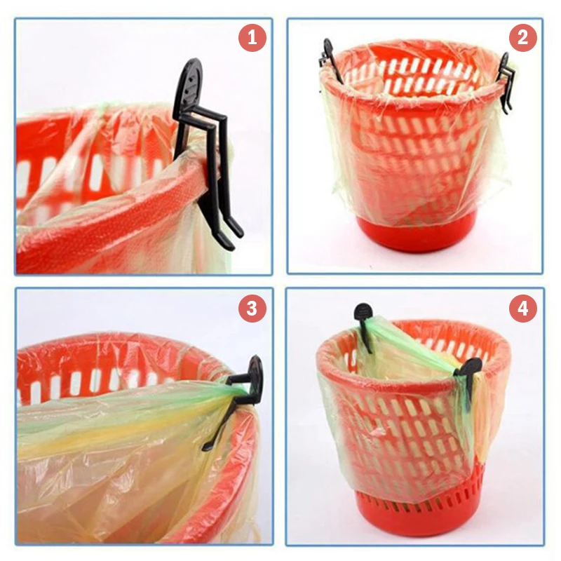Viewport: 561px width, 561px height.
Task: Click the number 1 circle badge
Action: coord(252,37)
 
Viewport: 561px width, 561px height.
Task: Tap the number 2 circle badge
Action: coord(522,37)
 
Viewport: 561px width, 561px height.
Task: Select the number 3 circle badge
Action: coord(252,308)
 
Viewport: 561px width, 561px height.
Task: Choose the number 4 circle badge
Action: coord(522,308)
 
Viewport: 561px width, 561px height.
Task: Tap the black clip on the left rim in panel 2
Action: coord(329,59)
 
